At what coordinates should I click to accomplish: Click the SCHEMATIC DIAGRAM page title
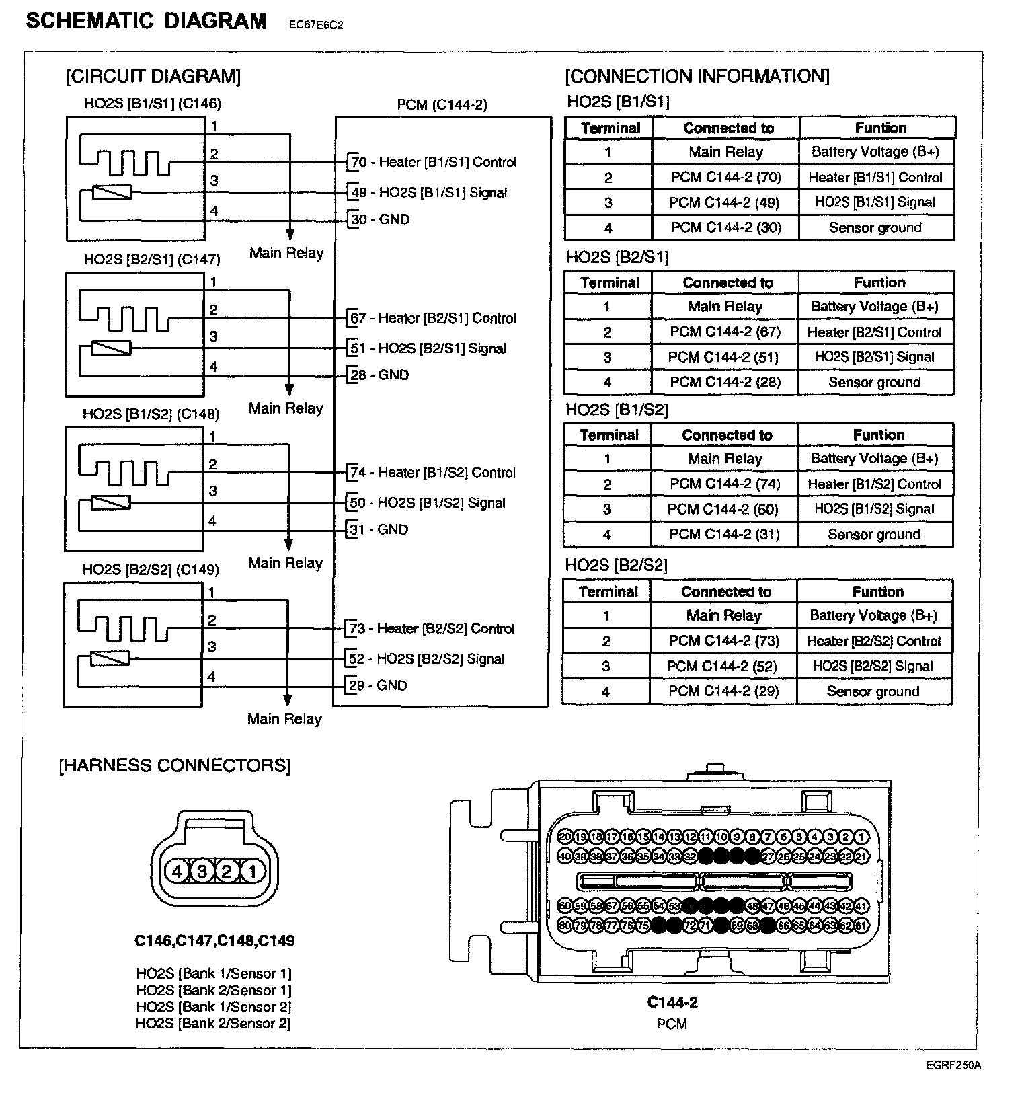coord(146,22)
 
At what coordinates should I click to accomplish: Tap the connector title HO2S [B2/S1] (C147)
coord(152,259)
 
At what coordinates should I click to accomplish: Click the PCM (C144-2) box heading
coord(442,104)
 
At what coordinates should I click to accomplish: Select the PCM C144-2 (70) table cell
coord(725,178)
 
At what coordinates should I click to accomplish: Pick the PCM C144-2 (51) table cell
coord(723,357)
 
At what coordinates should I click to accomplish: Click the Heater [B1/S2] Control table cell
coord(874,484)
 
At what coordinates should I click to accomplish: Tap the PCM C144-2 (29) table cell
coord(723,691)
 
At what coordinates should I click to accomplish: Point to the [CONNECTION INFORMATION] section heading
coord(697,76)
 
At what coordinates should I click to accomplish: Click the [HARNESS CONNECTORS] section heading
coord(175,765)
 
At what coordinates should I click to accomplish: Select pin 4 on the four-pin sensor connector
coord(177,872)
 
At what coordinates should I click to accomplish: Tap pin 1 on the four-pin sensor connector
coord(252,872)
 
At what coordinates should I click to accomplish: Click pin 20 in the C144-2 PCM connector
coord(565,837)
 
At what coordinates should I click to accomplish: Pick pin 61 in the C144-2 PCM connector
coord(862,926)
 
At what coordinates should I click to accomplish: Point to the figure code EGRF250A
coord(953,1065)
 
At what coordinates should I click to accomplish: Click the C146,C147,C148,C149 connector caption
coord(214,941)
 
